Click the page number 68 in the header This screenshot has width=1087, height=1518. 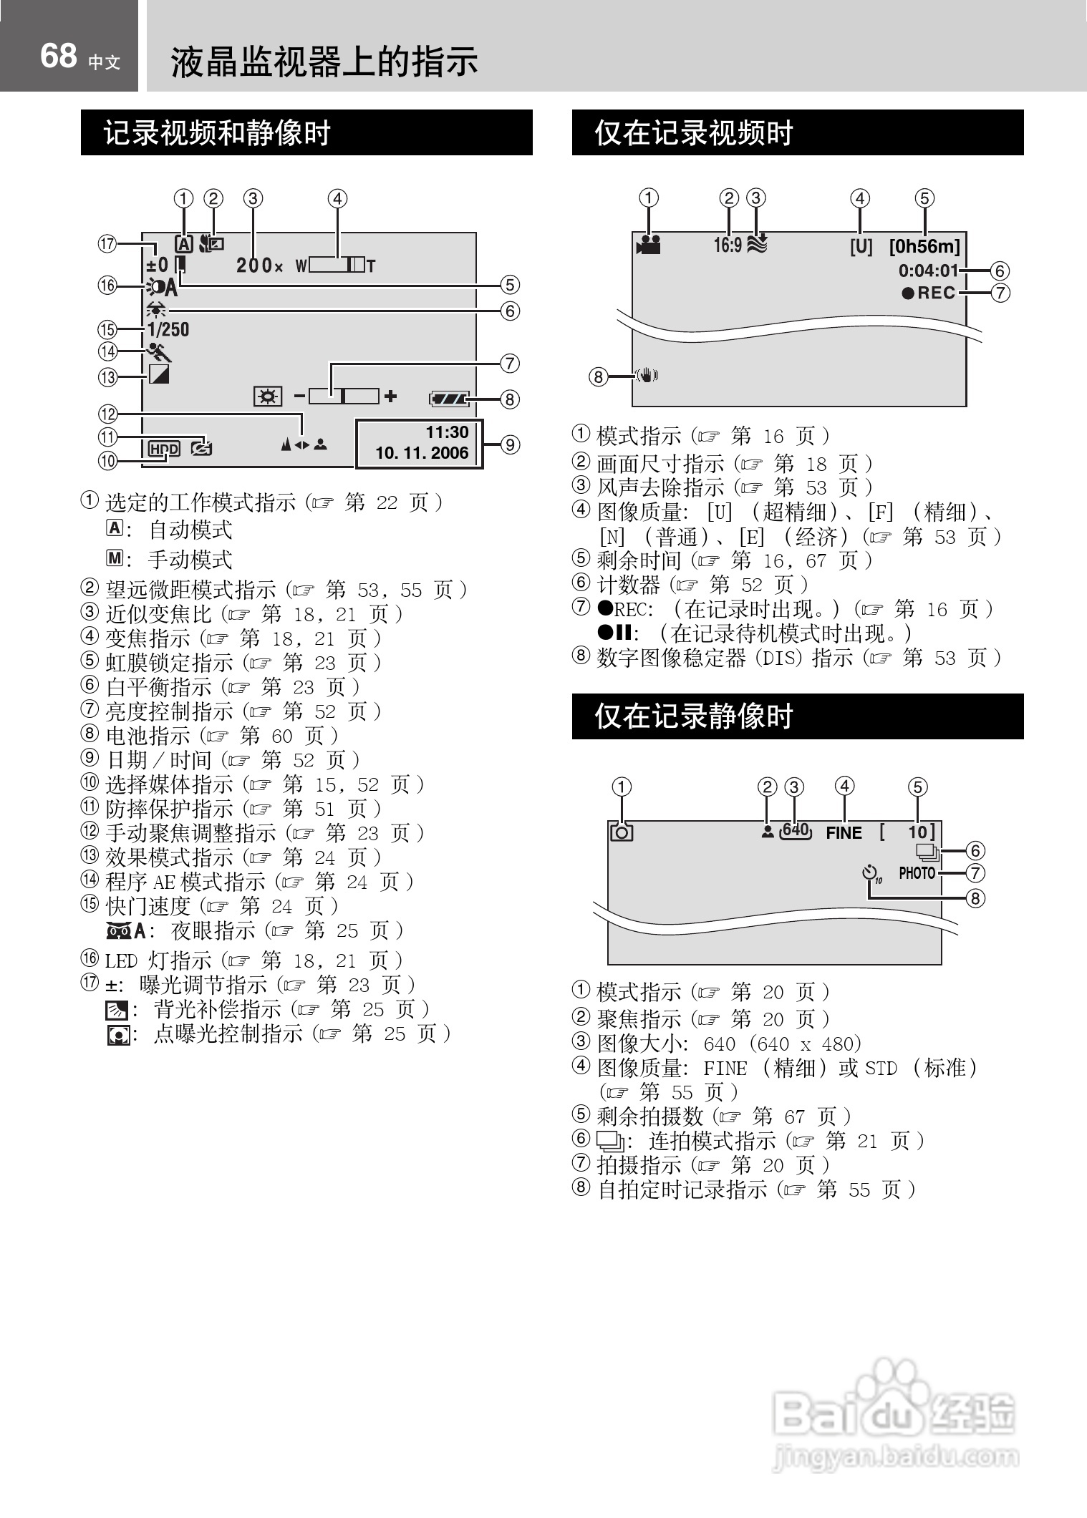(58, 57)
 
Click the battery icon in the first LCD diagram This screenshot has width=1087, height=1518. (449, 399)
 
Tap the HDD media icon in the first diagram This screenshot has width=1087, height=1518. (164, 449)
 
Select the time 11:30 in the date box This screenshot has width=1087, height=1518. (447, 432)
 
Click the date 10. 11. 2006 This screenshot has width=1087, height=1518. (422, 453)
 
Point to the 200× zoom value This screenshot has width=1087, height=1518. (260, 266)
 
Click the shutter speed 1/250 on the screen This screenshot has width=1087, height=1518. (168, 330)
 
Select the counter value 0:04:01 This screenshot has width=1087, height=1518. (928, 271)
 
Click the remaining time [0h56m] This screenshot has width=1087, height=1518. (924, 247)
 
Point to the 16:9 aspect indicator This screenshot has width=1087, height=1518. (728, 245)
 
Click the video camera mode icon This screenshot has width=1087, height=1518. (648, 245)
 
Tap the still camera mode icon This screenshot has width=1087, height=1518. (622, 832)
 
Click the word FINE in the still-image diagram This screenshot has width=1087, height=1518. (844, 833)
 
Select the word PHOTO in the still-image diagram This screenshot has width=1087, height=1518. (917, 873)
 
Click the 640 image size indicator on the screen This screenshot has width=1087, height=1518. (795, 831)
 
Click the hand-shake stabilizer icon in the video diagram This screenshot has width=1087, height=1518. (647, 376)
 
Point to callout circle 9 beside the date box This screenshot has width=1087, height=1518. (510, 444)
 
